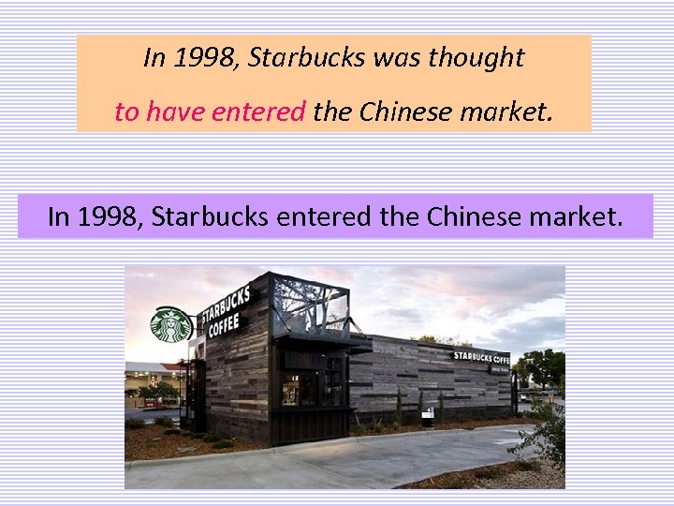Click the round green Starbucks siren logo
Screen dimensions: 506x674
[x=170, y=324]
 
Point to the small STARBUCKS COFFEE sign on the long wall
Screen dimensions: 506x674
[x=481, y=357]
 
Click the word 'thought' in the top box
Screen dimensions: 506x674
[x=476, y=58]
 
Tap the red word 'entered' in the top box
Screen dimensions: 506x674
[x=258, y=112]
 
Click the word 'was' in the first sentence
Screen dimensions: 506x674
[x=397, y=58]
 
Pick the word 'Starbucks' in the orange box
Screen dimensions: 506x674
[x=307, y=58]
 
